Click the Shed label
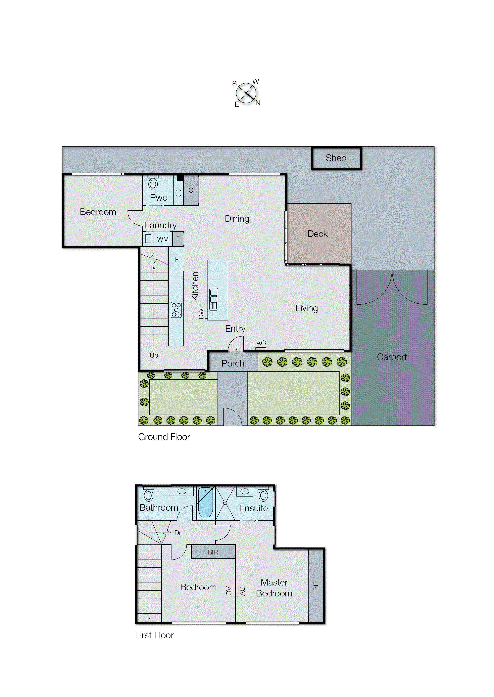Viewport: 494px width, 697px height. click(x=336, y=158)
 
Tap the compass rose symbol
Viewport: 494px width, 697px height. click(x=246, y=93)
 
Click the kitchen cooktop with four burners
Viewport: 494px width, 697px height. click(x=176, y=310)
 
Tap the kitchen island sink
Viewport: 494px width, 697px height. click(x=214, y=299)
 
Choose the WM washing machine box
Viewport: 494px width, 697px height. click(x=163, y=239)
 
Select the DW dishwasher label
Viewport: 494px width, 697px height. click(x=201, y=314)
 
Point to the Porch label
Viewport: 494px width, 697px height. click(x=233, y=363)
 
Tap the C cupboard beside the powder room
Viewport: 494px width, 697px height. click(x=191, y=190)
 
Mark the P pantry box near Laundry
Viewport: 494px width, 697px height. click(x=178, y=239)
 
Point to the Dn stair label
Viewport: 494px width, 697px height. click(x=178, y=533)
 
